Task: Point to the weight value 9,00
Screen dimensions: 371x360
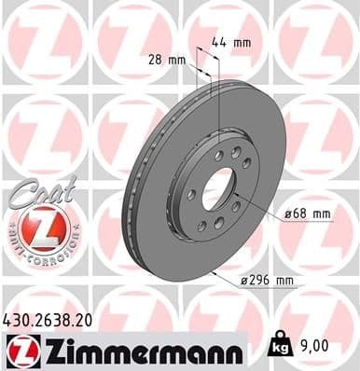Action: [313, 344]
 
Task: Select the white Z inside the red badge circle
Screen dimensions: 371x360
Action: [36, 227]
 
